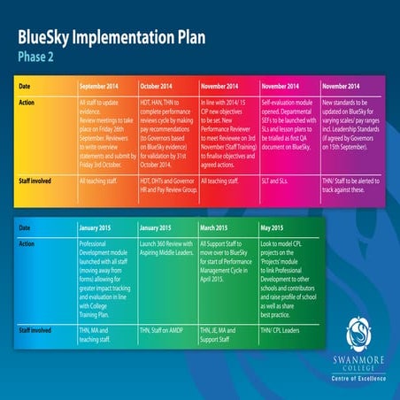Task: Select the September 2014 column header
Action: [107, 87]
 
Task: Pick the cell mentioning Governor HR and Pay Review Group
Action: [169, 184]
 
